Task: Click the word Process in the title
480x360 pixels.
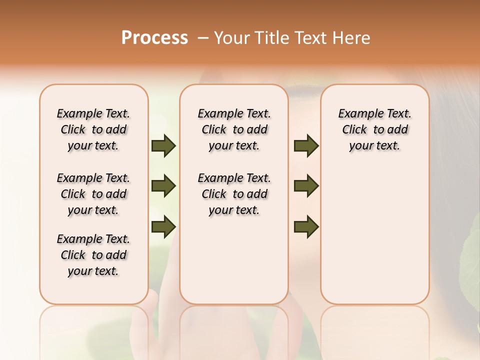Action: click(x=154, y=38)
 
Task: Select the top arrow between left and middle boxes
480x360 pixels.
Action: click(x=163, y=146)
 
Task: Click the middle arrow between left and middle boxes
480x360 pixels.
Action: click(x=163, y=186)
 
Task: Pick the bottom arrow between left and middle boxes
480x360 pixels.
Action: click(x=163, y=226)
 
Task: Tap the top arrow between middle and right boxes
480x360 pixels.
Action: click(x=306, y=146)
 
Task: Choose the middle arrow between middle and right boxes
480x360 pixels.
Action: click(x=306, y=186)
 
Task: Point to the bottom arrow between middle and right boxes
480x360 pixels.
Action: click(x=306, y=226)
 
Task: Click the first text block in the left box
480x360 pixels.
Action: click(x=93, y=129)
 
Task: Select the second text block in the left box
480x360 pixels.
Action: click(x=93, y=194)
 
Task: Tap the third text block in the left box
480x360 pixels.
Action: click(x=93, y=255)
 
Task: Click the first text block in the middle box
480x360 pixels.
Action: click(x=234, y=129)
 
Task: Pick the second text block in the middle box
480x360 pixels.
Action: click(x=234, y=194)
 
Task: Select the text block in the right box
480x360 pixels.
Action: click(x=375, y=129)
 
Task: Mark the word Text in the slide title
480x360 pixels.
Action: click(x=307, y=38)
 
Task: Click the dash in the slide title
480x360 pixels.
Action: click(x=202, y=38)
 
